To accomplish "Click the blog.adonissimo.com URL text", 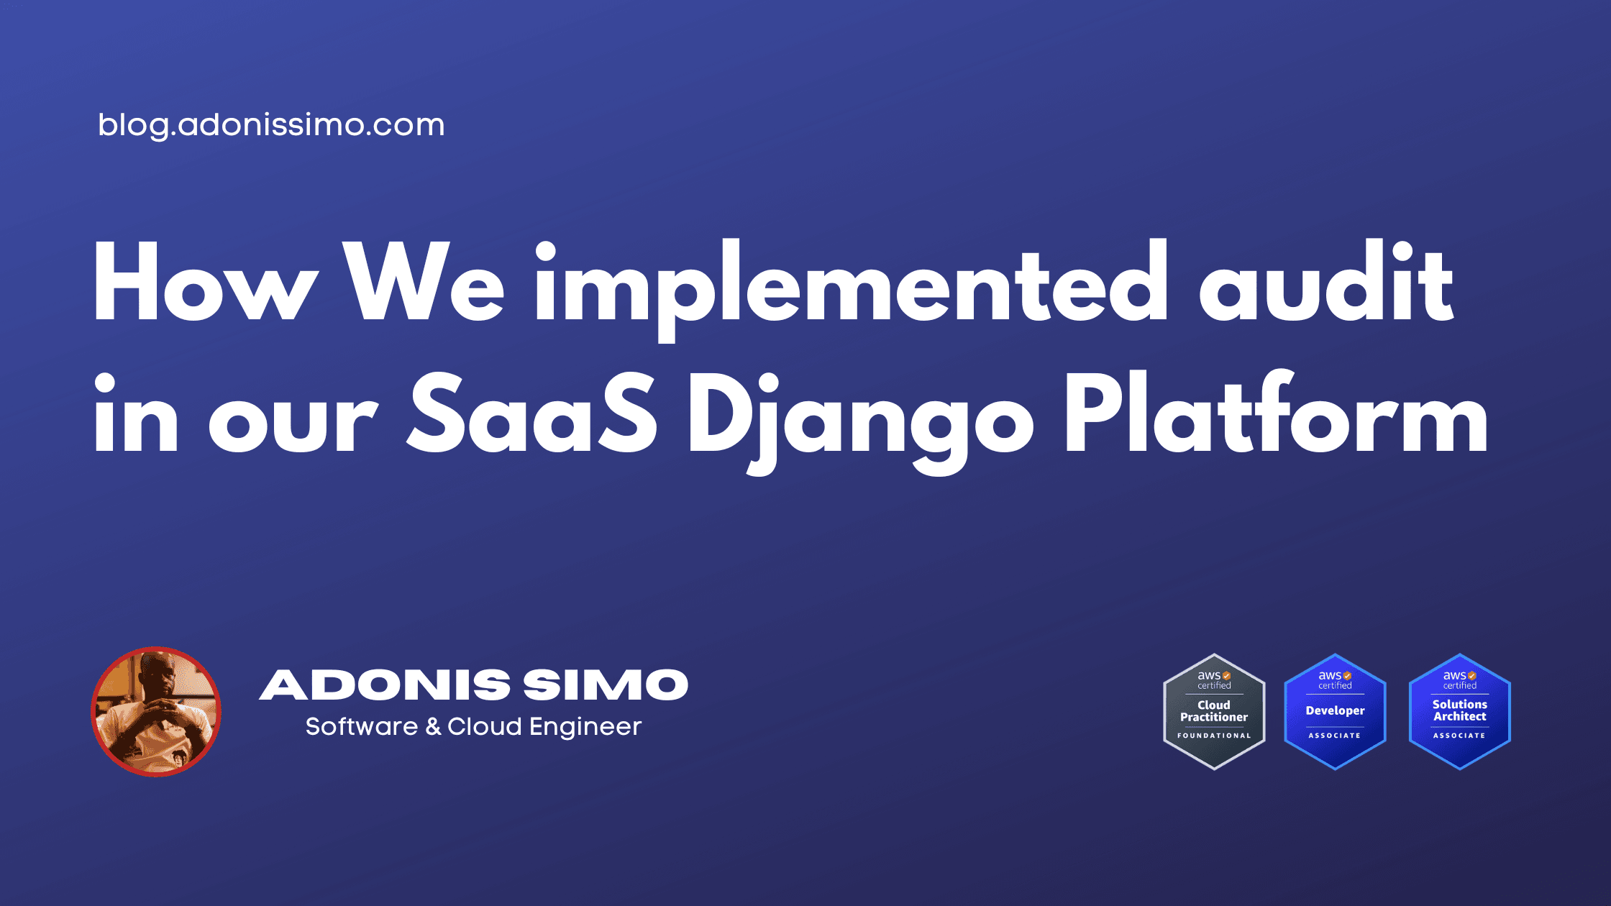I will (x=271, y=125).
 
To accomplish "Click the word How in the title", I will (x=206, y=282).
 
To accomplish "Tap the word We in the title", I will (x=424, y=282).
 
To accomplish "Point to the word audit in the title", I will (x=1326, y=282).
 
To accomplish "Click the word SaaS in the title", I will (x=532, y=415).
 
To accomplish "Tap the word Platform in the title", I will (x=1275, y=415).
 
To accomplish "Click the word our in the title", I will (x=293, y=424).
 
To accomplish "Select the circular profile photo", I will (x=156, y=712).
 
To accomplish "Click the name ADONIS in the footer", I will (x=385, y=685).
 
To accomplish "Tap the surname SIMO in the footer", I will (x=606, y=685).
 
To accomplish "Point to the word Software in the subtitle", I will (x=361, y=727).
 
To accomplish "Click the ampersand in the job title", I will (x=433, y=727).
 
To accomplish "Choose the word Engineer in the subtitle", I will (x=585, y=727).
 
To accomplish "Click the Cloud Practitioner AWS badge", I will (x=1214, y=712).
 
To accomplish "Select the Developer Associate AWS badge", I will (x=1335, y=712).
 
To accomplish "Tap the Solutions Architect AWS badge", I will (x=1459, y=712).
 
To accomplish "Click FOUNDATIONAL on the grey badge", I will (x=1214, y=736).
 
